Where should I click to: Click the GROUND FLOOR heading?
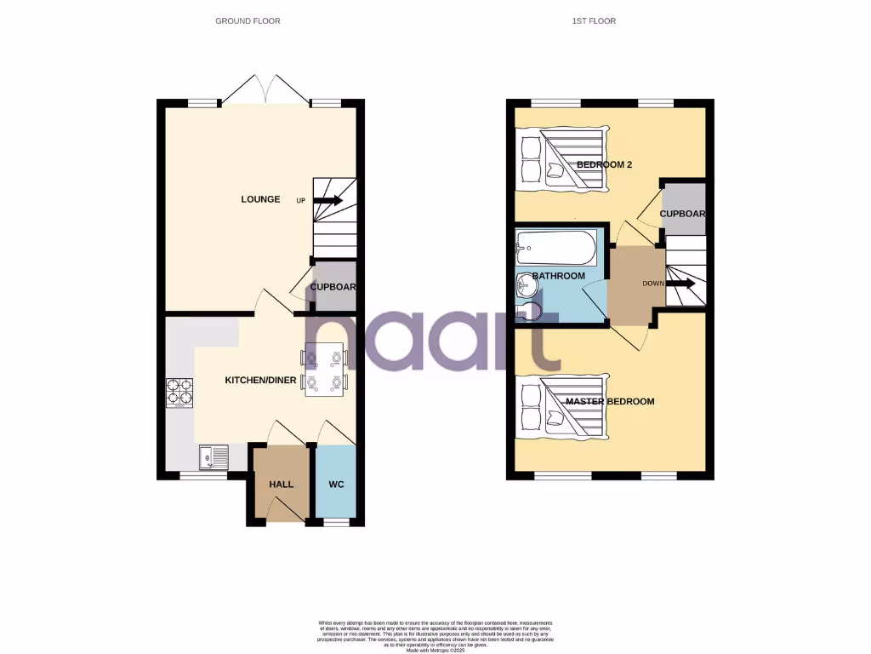248,20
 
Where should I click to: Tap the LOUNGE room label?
260,199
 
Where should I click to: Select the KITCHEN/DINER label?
259,380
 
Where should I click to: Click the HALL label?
282,485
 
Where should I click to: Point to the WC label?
336,485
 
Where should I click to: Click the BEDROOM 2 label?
605,164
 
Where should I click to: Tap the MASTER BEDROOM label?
610,401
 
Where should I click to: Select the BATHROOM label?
559,276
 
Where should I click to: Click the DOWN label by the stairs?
653,284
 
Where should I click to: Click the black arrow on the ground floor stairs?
331,201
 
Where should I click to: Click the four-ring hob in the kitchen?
179,392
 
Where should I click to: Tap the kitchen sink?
213,459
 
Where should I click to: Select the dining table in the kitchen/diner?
325,370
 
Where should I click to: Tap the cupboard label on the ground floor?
333,287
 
